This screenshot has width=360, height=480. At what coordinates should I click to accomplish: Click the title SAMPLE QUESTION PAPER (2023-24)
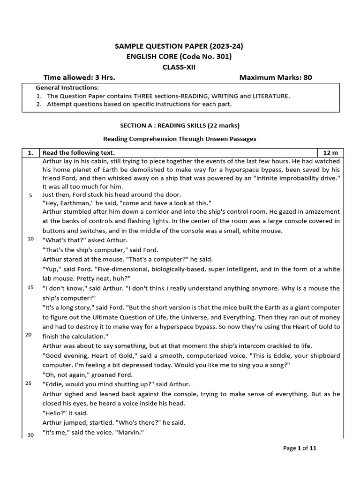pos(180,46)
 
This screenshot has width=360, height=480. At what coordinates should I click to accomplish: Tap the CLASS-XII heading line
pos(180,67)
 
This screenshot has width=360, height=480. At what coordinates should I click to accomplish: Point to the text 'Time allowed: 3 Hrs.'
pos(79,77)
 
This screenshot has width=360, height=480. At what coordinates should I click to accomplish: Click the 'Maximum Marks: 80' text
pos(276,77)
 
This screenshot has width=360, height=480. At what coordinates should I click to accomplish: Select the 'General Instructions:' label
pos(67,88)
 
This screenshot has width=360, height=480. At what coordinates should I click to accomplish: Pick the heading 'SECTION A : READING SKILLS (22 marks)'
pos(180,126)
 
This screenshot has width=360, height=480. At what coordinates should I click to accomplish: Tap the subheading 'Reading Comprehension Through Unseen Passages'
pos(180,139)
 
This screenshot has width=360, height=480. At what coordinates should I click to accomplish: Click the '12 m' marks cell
pos(331,153)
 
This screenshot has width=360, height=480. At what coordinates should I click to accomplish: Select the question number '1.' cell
pos(30,153)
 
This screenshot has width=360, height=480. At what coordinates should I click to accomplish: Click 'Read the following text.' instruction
pos(79,153)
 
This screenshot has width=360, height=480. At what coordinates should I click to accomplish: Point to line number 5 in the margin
pos(30,195)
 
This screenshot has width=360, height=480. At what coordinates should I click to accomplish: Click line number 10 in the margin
pos(30,239)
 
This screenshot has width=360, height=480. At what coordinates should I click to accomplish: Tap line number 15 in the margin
pos(30,287)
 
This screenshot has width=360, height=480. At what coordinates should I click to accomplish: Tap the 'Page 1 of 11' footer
pos(300,448)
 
